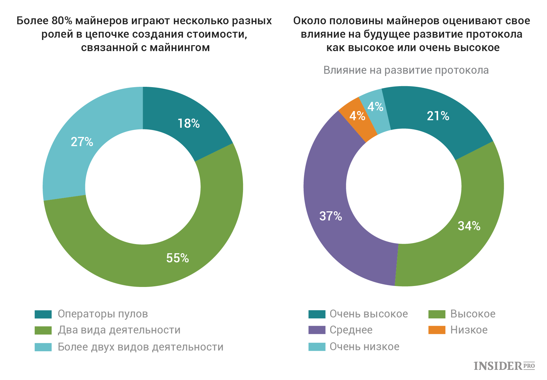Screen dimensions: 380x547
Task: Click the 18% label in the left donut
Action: tap(189, 123)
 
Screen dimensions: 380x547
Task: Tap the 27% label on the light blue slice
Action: tap(82, 142)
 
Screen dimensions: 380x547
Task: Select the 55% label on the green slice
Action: tap(177, 258)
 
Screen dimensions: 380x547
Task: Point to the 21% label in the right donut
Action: tap(438, 116)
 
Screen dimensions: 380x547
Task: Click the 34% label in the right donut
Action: tap(469, 226)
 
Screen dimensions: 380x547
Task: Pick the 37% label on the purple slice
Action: tap(331, 216)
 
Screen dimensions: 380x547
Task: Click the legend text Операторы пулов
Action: tap(103, 314)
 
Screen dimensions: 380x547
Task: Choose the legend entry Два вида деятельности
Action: tap(119, 330)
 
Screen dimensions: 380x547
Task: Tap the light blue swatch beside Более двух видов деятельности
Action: tap(43, 347)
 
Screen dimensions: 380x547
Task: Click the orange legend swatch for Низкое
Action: tap(437, 330)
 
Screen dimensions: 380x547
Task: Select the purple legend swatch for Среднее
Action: tap(317, 330)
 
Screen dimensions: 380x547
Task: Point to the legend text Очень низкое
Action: tap(364, 347)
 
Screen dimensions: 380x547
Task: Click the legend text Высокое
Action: tap(473, 314)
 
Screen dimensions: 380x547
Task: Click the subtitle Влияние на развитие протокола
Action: tap(406, 70)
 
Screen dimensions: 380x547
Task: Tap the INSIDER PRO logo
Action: tap(504, 366)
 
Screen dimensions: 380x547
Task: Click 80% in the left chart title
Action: tap(62, 21)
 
